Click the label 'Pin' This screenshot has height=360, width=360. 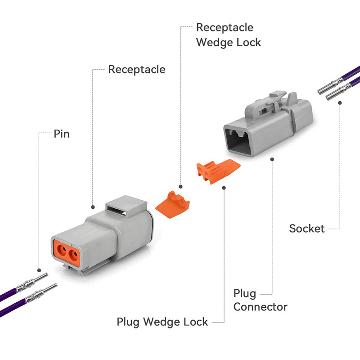click(x=62, y=134)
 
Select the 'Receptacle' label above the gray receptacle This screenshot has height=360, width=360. click(x=137, y=69)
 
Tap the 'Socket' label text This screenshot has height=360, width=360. click(x=307, y=229)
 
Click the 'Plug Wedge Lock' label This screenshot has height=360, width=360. click(x=162, y=322)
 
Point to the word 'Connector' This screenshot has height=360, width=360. click(x=261, y=307)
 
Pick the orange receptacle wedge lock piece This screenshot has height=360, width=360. click(x=173, y=205)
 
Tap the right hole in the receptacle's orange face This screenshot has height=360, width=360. click(x=73, y=254)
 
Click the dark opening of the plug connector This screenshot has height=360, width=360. click(x=237, y=141)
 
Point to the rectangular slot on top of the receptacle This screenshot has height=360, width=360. click(x=117, y=211)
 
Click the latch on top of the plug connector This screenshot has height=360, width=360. click(x=266, y=106)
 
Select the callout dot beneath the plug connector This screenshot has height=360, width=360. click(x=272, y=159)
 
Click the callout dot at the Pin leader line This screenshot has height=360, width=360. click(x=39, y=270)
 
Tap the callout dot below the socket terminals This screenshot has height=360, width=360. click(x=340, y=103)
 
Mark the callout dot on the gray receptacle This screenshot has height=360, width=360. click(x=93, y=207)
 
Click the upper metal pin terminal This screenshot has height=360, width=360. click(x=32, y=282)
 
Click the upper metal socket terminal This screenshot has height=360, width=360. click(x=331, y=86)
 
